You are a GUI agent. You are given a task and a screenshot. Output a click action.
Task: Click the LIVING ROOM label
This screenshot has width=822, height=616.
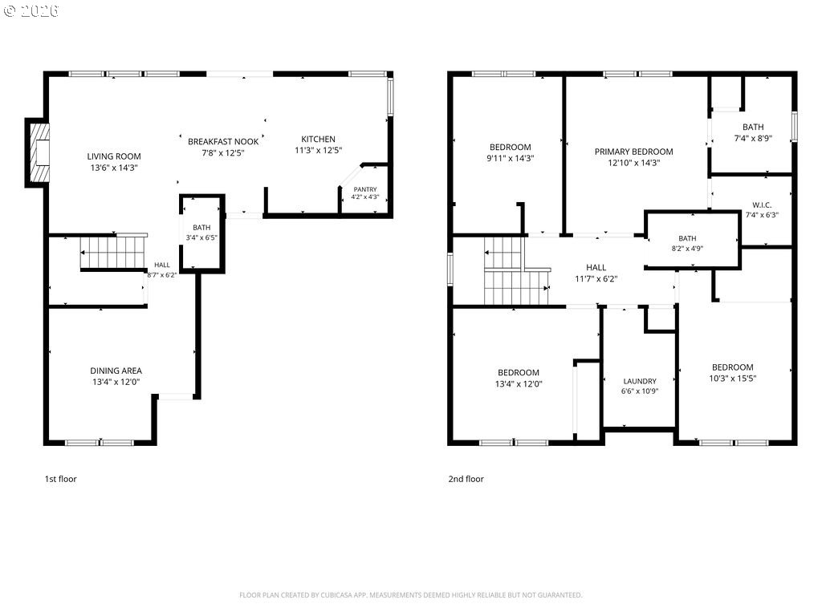pos(114,156)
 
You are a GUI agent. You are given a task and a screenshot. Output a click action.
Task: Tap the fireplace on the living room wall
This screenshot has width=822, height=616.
pos(38,152)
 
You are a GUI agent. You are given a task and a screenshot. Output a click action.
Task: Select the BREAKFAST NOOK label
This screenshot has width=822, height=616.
pos(223,141)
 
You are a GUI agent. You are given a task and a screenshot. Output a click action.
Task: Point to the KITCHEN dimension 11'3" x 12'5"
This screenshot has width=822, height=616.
pos(318,150)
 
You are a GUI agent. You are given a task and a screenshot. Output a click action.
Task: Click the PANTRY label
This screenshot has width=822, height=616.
pos(365,189)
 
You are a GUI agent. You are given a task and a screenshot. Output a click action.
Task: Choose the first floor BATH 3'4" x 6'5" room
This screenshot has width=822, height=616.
pos(201,233)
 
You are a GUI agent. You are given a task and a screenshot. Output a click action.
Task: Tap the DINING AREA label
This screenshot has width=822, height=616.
pos(116,371)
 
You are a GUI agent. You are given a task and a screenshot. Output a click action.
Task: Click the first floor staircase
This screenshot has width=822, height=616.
pos(113,252)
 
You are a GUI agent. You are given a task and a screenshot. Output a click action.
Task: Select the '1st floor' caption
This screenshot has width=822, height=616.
pos(61,479)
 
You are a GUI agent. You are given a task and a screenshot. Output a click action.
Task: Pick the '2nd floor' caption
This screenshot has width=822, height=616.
pos(466,479)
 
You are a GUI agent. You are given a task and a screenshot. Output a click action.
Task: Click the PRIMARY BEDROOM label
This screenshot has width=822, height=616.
pos(634,152)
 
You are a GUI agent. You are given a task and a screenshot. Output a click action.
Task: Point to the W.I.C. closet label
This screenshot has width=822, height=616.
pos(762,205)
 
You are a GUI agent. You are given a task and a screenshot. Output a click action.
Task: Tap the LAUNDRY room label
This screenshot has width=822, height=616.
pos(640,381)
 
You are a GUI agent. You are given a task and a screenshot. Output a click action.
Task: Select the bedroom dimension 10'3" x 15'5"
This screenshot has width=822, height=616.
pos(733,379)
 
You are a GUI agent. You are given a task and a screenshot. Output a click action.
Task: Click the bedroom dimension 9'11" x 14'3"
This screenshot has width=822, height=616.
pos(510,158)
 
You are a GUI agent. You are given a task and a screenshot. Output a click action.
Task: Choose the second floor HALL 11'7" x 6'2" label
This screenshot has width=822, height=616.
pos(596,273)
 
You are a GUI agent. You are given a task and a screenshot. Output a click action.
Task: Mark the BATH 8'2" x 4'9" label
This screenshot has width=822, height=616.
pos(687,243)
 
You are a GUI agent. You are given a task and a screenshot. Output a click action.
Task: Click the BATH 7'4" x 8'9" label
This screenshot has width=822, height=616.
pos(753,132)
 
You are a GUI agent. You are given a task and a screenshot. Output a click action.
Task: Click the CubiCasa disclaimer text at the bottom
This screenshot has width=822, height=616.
pos(410,595)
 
